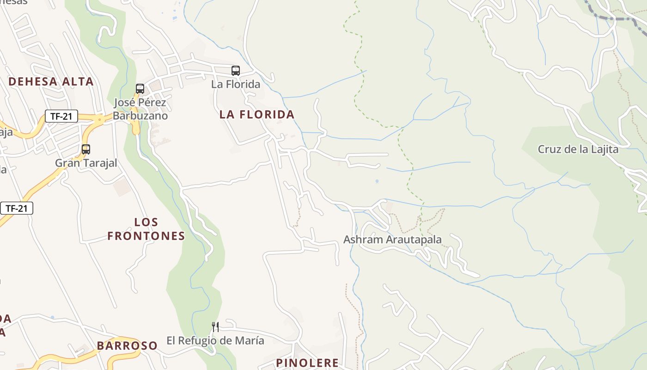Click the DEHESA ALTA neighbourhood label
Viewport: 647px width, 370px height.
pos(51,82)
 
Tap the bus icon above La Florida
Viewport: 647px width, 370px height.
pos(236,71)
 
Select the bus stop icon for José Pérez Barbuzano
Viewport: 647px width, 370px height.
pos(140,88)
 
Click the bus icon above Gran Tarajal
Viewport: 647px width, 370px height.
pos(86,149)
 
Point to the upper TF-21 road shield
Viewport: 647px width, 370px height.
pos(61,116)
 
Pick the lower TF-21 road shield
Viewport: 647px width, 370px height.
pos(17,208)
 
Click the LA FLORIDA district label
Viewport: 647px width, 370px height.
pos(256,115)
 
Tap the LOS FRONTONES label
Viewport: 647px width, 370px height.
pos(146,229)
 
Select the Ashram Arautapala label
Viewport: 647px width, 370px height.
pos(392,240)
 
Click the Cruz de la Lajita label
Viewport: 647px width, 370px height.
pos(578,149)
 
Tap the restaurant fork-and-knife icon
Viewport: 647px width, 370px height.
pos(215,327)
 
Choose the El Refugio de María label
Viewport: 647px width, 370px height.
pos(215,341)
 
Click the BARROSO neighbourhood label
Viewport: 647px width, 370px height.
pos(127,345)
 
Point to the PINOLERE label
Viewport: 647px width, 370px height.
pos(307,363)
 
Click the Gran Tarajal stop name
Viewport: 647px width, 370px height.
pos(86,163)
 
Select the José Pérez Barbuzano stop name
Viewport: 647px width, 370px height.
pos(140,109)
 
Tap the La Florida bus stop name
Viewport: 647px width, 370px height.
pos(236,84)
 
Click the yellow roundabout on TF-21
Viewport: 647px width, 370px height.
pos(99,119)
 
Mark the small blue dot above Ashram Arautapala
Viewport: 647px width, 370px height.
pos(377,181)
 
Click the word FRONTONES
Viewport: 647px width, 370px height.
pos(146,236)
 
